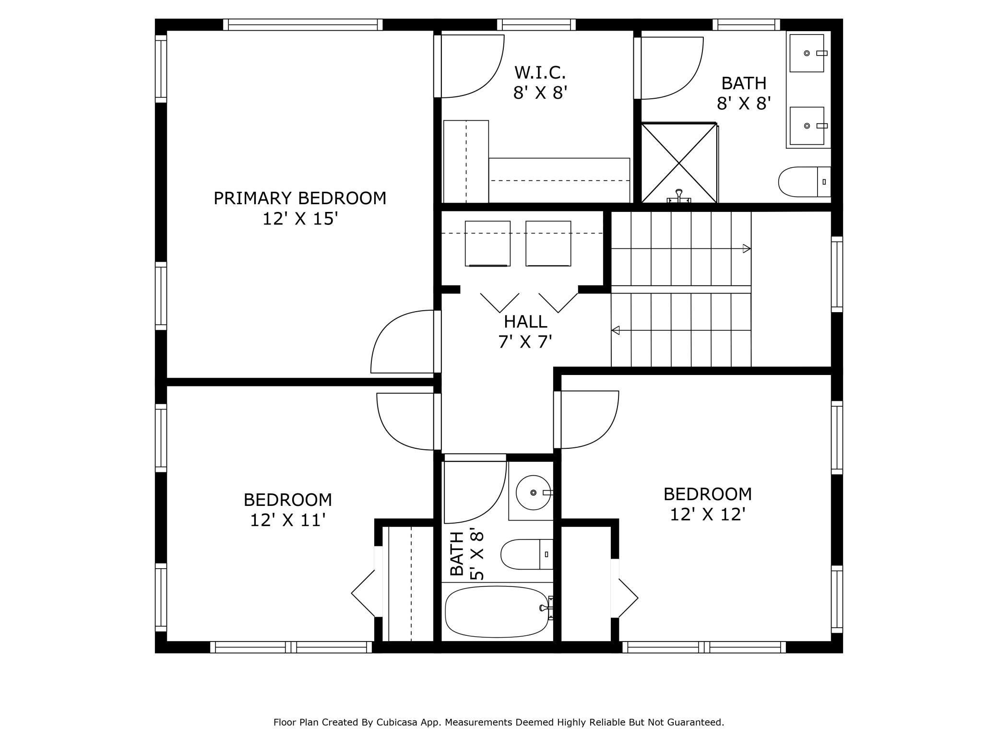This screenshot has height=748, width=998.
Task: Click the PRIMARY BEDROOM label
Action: pos(300,198)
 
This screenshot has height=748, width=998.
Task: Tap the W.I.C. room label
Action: pos(540,72)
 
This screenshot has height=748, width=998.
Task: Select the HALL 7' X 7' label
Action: pos(525,331)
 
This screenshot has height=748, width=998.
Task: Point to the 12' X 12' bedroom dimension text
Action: pos(708,514)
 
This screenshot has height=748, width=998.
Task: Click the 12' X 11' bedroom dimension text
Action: pos(288,520)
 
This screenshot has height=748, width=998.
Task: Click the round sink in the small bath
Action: pos(533,492)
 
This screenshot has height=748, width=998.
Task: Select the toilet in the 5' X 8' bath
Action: pos(527,554)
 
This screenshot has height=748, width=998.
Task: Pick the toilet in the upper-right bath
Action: pos(804,182)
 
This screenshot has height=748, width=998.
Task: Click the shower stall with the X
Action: pos(679,163)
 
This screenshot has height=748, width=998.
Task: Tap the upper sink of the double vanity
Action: pos(807,53)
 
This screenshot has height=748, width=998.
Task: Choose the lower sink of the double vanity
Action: pos(807,126)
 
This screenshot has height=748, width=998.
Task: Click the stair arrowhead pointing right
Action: pos(747,248)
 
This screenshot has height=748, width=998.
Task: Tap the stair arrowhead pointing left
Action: pos(615,330)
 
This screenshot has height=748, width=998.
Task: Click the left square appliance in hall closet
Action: pos(487,244)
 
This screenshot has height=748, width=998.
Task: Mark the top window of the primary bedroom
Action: pos(303,24)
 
